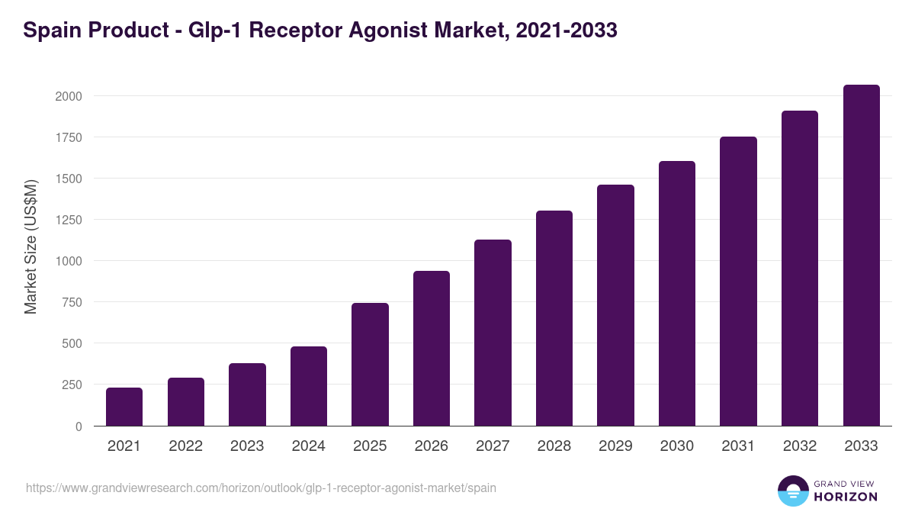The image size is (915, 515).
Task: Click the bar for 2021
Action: (x=124, y=407)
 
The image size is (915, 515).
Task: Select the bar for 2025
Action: (x=370, y=364)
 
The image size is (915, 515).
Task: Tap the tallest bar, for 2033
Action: (x=861, y=255)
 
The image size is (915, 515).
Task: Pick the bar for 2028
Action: (x=554, y=318)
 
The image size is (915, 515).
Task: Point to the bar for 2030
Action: (x=677, y=293)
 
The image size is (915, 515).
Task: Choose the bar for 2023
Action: (x=247, y=394)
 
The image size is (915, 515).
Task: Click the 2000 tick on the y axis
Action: (x=68, y=96)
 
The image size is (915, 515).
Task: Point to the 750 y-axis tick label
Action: (x=72, y=302)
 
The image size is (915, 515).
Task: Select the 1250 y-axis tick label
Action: (x=68, y=220)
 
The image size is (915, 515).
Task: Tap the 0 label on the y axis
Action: (x=79, y=426)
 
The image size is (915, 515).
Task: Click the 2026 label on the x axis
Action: (x=432, y=446)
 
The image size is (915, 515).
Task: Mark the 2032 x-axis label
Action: (x=799, y=446)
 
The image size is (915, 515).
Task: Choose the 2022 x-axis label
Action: (x=185, y=446)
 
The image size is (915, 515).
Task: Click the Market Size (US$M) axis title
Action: (x=30, y=246)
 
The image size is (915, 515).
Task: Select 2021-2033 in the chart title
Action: (x=567, y=31)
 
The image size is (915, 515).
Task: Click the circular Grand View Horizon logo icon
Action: (x=792, y=491)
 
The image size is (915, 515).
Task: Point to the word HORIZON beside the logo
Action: (x=845, y=496)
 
